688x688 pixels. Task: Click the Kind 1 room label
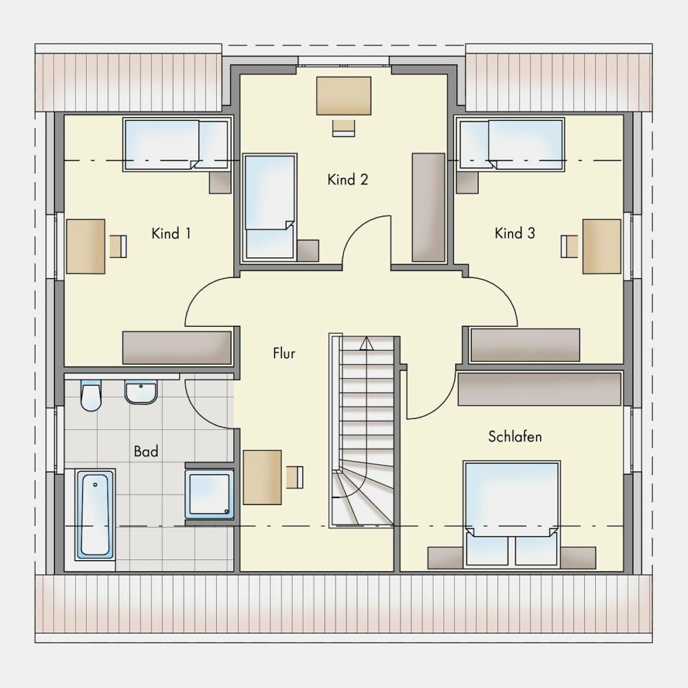[x=171, y=233]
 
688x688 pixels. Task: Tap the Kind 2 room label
[x=347, y=180]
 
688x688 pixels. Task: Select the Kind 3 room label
[x=515, y=233]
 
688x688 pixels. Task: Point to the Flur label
[x=284, y=353]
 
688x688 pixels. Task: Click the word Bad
[x=146, y=451]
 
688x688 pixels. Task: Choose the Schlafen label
[x=515, y=437]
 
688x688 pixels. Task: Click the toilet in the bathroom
[x=91, y=396]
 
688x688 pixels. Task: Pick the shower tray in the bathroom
[x=209, y=494]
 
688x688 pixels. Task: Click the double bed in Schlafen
[x=512, y=513]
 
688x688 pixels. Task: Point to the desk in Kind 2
[x=344, y=96]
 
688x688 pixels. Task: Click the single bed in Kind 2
[x=270, y=207]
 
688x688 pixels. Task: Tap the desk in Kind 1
[x=86, y=246]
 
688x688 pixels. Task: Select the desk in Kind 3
[x=601, y=246]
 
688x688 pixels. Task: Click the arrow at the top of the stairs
[x=366, y=343]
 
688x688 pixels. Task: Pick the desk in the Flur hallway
[x=262, y=477]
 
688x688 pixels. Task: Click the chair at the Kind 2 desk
[x=343, y=128]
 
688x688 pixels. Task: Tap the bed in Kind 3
[x=511, y=144]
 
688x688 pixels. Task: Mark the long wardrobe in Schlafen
[x=539, y=389]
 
